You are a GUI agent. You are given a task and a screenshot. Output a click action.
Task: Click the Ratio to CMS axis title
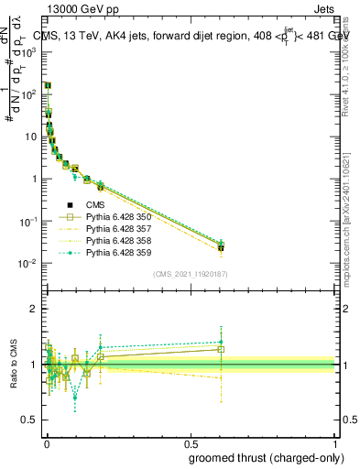click(x=14, y=365)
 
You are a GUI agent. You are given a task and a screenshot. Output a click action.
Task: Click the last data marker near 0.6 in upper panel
click(x=221, y=247)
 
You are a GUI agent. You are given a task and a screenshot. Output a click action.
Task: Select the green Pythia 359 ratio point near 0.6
click(x=221, y=343)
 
